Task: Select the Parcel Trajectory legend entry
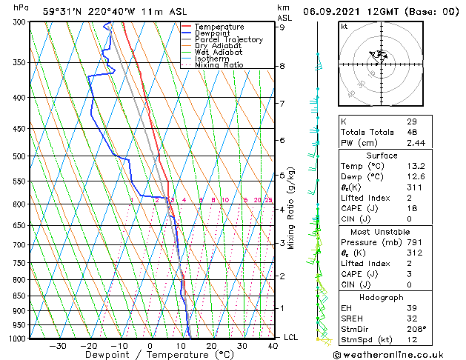(228, 39)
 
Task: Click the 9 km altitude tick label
(282, 27)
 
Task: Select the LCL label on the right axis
(291, 338)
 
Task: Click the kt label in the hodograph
(344, 27)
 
